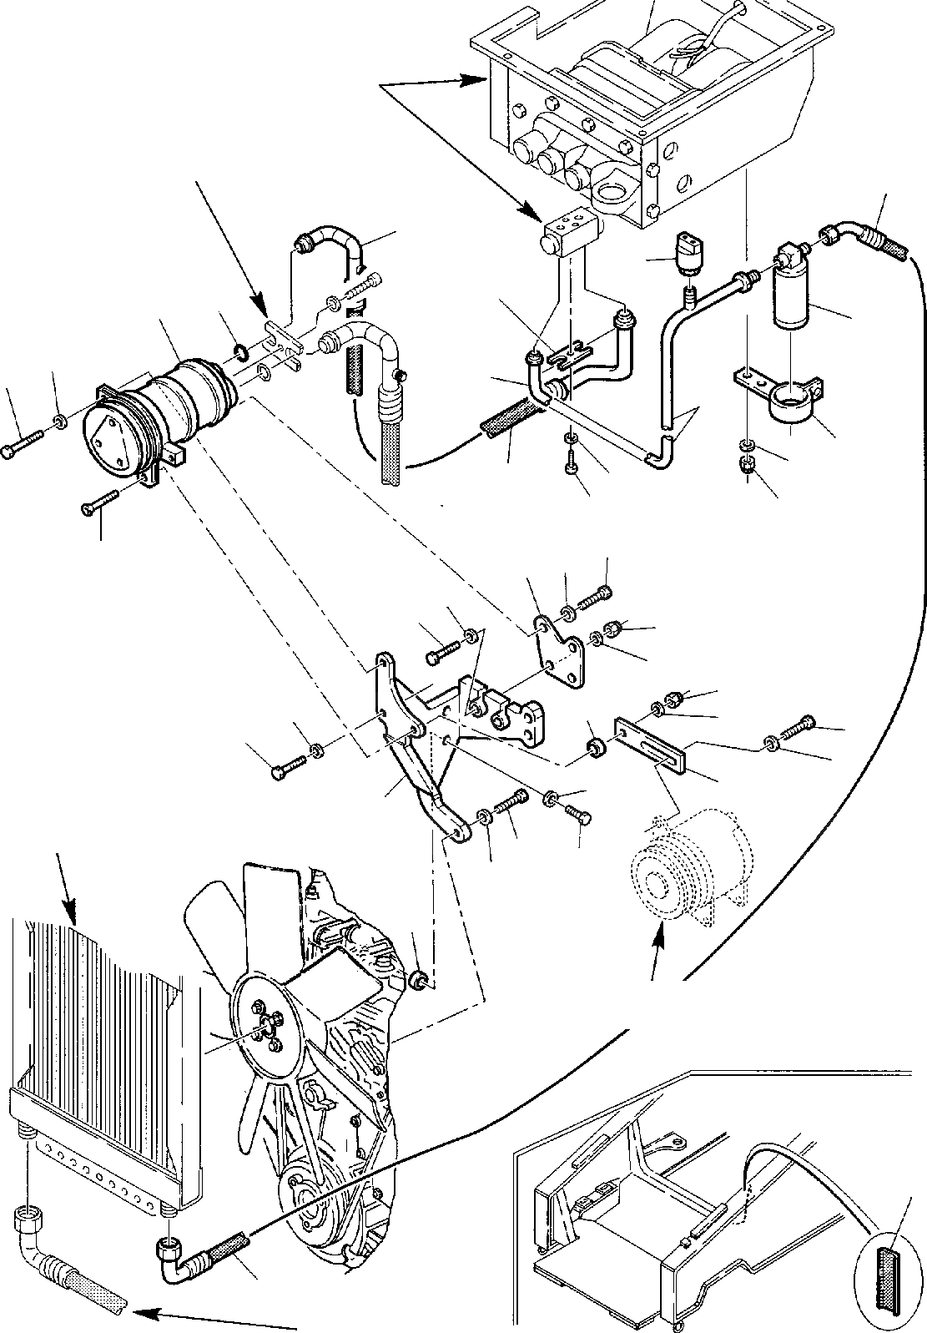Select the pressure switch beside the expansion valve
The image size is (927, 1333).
(x=689, y=250)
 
